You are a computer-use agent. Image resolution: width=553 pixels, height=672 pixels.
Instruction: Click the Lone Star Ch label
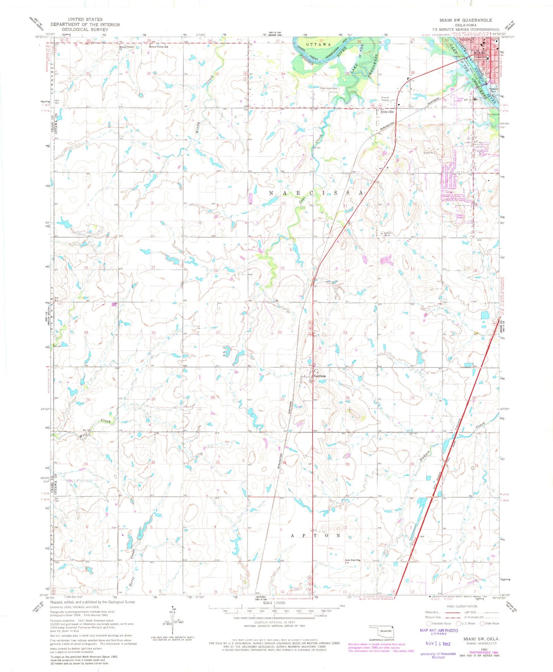coord(353,560)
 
